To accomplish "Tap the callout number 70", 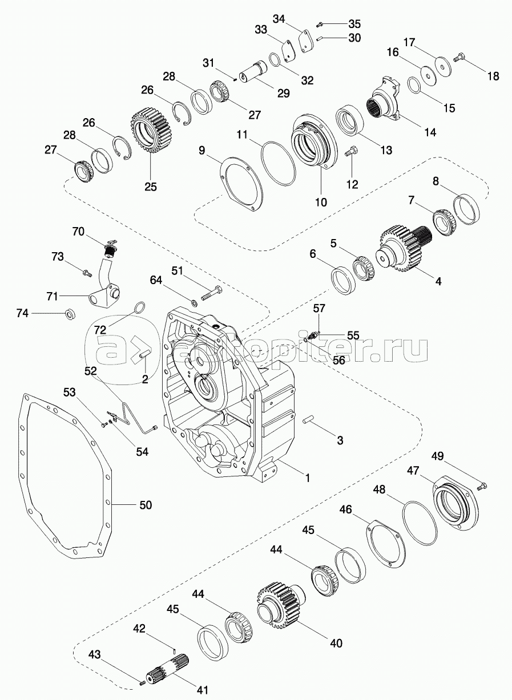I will [78, 232].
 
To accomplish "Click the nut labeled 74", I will [69, 313].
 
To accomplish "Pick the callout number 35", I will [354, 24].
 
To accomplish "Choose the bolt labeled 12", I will [351, 152].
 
